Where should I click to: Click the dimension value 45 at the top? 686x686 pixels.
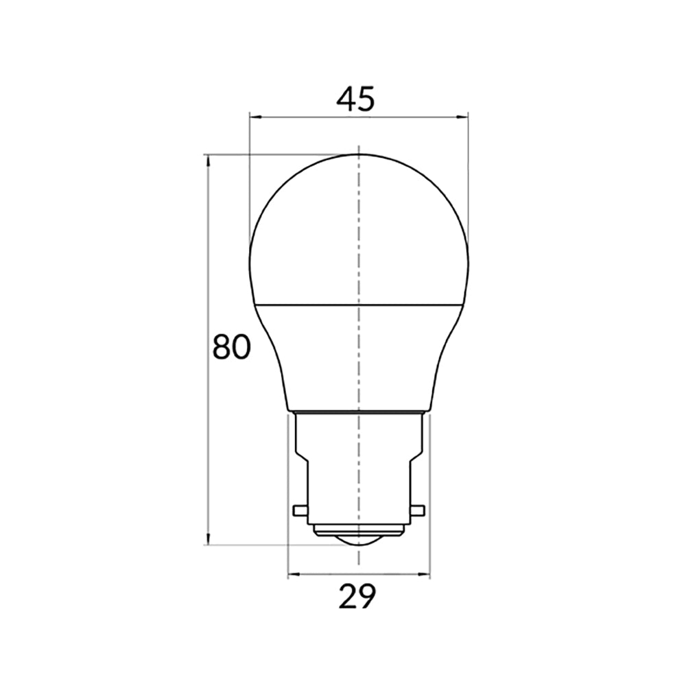[x=355, y=100]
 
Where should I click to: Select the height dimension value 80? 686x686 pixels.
[x=231, y=348]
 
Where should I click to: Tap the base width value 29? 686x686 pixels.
[x=357, y=596]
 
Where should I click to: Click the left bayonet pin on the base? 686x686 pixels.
[x=299, y=511]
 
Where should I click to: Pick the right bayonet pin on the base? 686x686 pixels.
[x=418, y=511]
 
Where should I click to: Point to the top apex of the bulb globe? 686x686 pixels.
[x=359, y=154]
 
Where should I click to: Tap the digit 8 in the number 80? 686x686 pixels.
[x=222, y=348]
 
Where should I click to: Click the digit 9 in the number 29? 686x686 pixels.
[x=367, y=596]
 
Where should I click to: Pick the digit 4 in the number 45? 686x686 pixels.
[x=346, y=100]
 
